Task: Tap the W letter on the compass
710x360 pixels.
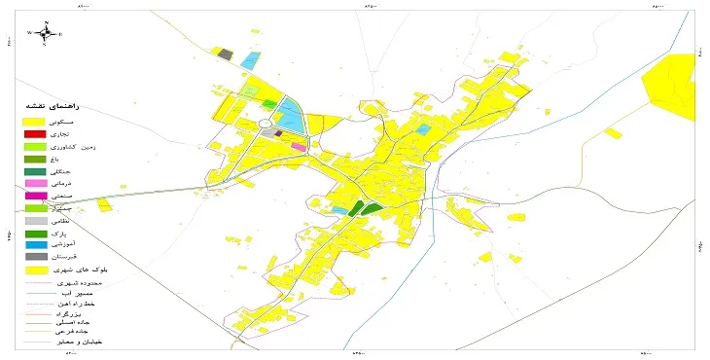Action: pos(30,33)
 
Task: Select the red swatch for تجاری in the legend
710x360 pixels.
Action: pos(35,132)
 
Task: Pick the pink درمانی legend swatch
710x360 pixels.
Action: pos(35,183)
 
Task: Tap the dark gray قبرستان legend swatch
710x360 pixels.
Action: pos(35,258)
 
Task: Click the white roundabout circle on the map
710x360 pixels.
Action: pos(265,124)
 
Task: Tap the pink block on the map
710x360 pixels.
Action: pos(299,146)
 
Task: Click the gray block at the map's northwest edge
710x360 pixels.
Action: pos(226,54)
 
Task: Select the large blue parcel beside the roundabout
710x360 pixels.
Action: pos(291,115)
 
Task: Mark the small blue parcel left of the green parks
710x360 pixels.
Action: pos(339,210)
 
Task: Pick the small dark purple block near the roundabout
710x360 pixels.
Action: pos(279,133)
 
